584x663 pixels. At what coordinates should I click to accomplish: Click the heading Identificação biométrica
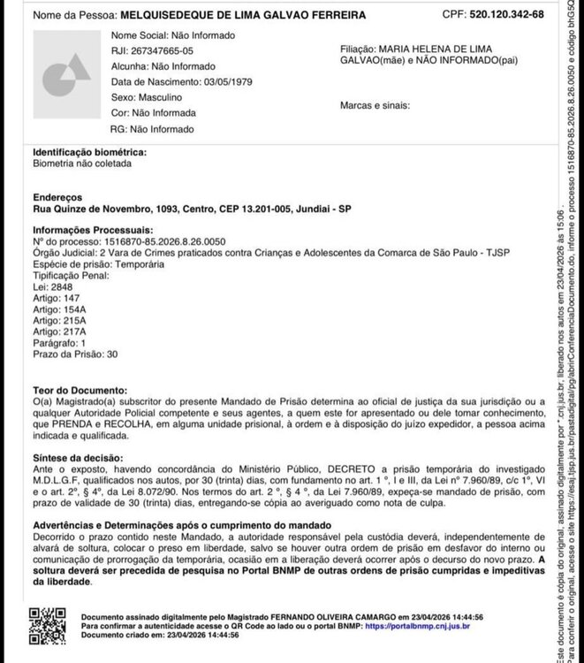pyautogui.click(x=89, y=152)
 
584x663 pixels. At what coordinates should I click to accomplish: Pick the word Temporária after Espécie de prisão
pyautogui.click(x=140, y=264)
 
